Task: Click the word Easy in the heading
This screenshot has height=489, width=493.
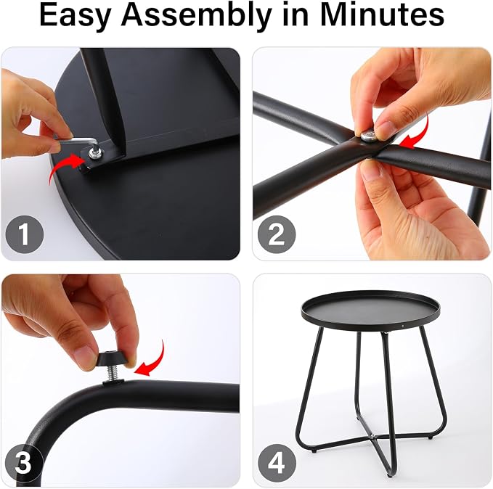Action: pos(75,15)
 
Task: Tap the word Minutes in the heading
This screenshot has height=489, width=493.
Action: pos(383,15)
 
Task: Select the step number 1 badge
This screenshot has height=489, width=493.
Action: pos(24,234)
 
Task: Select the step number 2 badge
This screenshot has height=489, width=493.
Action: pos(277,234)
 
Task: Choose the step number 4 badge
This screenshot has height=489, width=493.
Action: pos(277,462)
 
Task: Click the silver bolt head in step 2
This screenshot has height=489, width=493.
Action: pos(368,136)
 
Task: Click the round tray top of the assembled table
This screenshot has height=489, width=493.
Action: pos(370,310)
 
